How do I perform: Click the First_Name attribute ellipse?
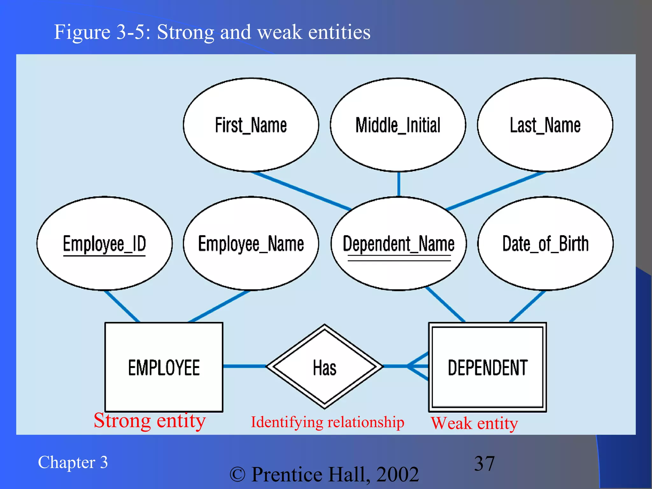[x=251, y=125]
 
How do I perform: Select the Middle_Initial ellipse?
[x=398, y=125]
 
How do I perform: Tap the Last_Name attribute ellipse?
[x=545, y=125]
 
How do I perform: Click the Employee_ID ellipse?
[x=104, y=244]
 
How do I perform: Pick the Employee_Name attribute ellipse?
[x=251, y=244]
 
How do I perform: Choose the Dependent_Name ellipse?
[x=399, y=244]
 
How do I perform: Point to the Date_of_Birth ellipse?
[x=545, y=244]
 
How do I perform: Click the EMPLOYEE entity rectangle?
[x=164, y=367]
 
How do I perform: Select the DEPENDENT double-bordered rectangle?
[x=487, y=367]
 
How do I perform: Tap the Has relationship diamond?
[x=324, y=367]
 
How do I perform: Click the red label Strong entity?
[x=150, y=421]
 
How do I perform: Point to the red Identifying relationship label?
[x=327, y=422]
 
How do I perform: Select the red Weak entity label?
[x=474, y=423]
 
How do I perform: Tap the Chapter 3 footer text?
[x=73, y=462]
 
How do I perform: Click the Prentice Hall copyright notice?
[x=324, y=474]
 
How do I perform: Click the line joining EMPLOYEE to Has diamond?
[x=244, y=366]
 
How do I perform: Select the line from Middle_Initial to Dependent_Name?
[x=399, y=184]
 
